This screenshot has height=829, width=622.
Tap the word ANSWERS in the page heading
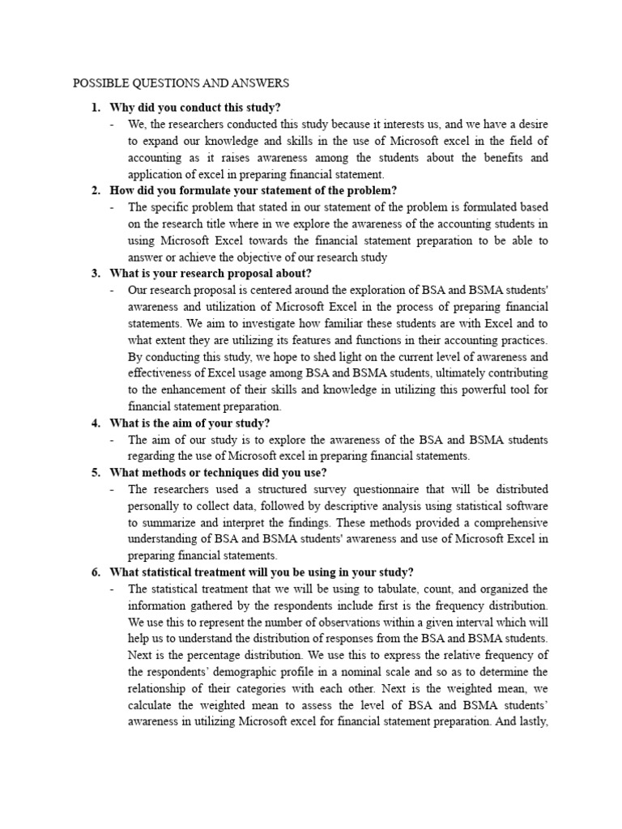click(x=258, y=83)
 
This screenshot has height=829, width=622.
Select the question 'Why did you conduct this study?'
click(x=195, y=108)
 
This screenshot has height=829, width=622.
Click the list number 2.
click(x=96, y=190)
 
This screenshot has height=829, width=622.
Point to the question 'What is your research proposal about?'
click(x=211, y=273)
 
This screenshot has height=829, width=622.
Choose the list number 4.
click(x=96, y=423)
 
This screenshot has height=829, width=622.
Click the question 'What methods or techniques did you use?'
click(x=219, y=473)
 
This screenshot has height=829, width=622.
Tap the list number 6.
click(x=96, y=572)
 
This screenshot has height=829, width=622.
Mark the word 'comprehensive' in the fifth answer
click(x=508, y=522)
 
